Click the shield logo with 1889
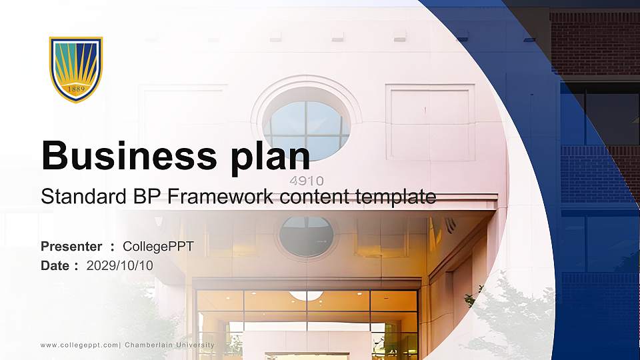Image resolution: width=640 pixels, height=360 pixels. point(76,69)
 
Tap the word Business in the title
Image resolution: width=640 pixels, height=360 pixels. point(129,155)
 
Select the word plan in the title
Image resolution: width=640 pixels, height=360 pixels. point(270,157)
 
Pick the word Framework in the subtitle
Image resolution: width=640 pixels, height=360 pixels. point(221,196)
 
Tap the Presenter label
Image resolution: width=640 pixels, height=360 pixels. point(71,247)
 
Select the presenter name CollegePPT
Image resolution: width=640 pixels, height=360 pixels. point(158,247)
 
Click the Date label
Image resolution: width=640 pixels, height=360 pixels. point(55,266)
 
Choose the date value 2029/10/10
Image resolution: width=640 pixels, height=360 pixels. point(119,266)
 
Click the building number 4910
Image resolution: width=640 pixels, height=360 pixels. point(307,181)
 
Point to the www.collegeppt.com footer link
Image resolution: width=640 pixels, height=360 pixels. point(79,345)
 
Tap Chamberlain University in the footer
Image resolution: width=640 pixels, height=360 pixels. point(169,345)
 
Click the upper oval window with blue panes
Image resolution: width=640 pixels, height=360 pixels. point(306,124)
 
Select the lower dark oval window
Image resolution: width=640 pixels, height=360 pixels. point(307,237)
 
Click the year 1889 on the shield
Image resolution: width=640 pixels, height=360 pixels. point(76,89)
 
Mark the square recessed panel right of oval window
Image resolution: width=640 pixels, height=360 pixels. point(430,123)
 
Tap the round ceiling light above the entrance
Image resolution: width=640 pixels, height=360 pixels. point(306,295)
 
